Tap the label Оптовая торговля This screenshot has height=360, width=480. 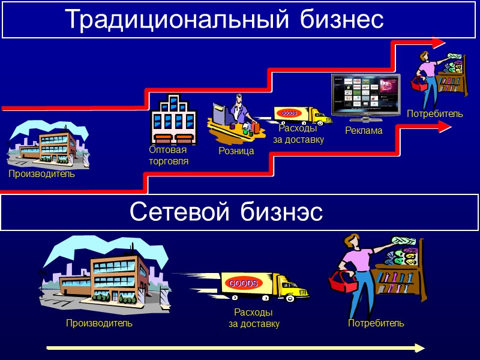[169, 155]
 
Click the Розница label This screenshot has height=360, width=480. [236, 151]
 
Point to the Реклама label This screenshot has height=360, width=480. [364, 130]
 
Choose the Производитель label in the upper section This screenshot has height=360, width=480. [41, 174]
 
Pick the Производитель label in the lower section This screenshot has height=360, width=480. [99, 323]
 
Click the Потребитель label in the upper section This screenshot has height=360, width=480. [435, 113]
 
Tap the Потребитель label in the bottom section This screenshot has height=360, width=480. [376, 323]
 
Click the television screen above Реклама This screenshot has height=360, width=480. [365, 95]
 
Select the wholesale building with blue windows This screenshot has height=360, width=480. [174, 119]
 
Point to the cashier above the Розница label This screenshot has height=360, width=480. [239, 111]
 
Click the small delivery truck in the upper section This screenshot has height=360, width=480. [302, 115]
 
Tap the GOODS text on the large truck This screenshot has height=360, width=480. [242, 283]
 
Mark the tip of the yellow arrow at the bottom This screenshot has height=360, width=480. [424, 348]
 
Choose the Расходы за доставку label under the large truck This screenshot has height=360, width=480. [254, 319]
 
